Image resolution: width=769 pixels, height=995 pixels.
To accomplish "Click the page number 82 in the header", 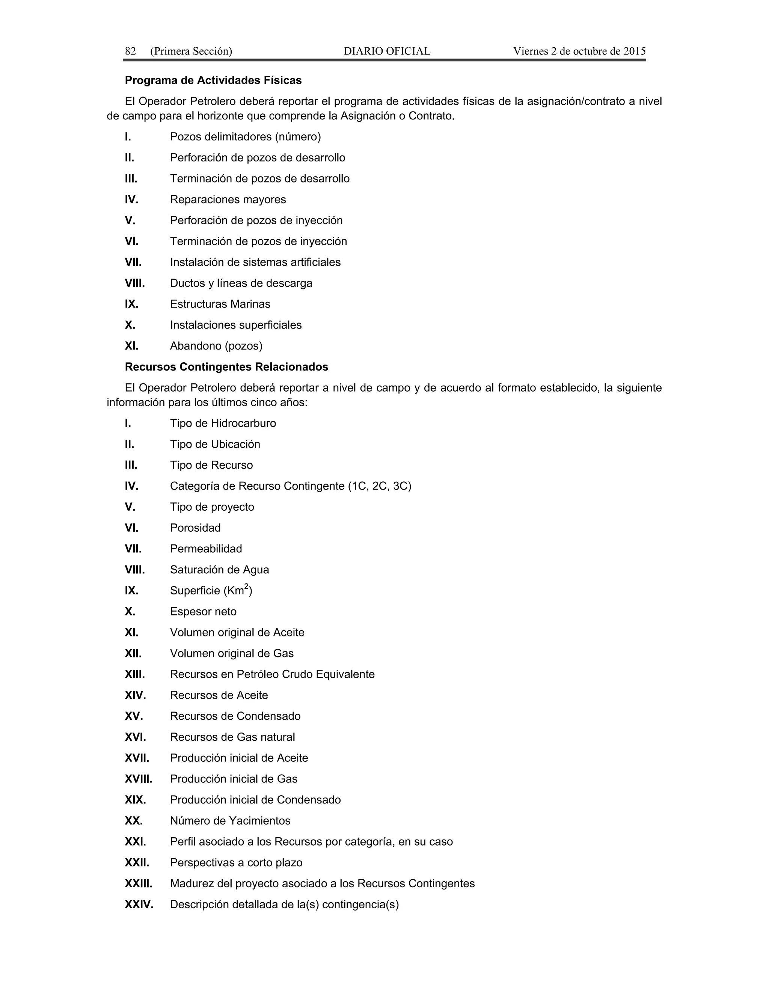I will point(130,51).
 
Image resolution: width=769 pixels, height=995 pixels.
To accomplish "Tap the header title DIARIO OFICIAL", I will point(387,51).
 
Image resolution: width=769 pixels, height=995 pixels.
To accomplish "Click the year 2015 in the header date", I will point(634,51).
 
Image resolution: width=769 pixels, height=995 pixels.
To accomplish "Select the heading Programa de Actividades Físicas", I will point(213,81).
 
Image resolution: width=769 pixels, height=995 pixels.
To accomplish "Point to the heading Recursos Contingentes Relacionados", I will point(226,367).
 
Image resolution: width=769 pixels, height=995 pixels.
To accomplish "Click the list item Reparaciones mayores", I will point(228,199).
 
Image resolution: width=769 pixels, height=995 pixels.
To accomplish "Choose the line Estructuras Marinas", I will point(220,304).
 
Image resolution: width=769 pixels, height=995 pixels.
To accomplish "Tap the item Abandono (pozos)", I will point(216,346).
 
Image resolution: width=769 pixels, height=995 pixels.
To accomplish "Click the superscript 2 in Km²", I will point(246,586).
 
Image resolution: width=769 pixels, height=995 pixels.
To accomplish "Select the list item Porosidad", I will point(195,528).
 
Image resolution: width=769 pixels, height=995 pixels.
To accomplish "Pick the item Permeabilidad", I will point(206,549).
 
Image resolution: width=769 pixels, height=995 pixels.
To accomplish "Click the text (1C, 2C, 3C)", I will point(380,486).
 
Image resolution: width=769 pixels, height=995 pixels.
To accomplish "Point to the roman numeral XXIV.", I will point(139,905).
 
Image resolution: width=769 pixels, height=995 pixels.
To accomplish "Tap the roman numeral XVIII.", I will point(139,779).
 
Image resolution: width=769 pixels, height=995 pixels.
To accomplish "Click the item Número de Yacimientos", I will point(230,820).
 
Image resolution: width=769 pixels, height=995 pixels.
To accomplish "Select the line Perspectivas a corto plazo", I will point(236,862).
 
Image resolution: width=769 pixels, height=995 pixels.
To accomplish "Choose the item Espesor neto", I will point(203,611).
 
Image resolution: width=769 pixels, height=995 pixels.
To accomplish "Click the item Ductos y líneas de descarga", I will point(241,283).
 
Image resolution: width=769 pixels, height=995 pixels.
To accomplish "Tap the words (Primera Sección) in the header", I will point(191,51).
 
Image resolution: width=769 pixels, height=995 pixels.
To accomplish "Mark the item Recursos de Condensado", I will point(235,716).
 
